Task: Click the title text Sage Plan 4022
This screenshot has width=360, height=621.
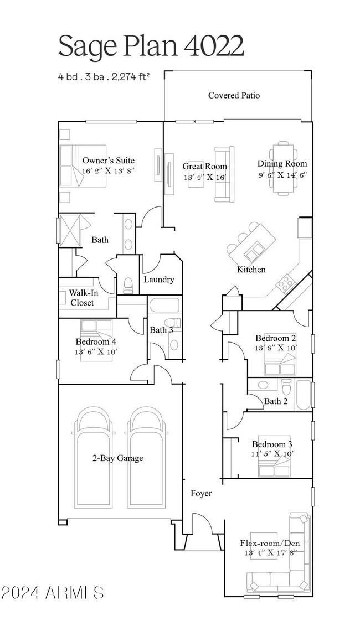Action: click(x=151, y=46)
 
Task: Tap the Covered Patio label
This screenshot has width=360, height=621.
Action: click(x=234, y=95)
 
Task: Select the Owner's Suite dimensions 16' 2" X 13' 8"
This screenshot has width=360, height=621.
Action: click(x=108, y=171)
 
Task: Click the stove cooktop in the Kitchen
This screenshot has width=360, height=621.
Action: click(x=286, y=284)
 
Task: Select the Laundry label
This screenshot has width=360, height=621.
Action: click(x=159, y=280)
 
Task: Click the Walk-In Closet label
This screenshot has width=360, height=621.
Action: click(x=81, y=298)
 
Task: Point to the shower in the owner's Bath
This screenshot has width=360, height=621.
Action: click(x=70, y=228)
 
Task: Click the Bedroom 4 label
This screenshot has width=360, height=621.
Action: click(x=96, y=341)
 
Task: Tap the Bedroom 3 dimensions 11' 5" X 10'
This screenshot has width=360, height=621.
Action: click(x=272, y=453)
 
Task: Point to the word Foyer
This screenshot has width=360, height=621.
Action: click(x=201, y=493)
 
